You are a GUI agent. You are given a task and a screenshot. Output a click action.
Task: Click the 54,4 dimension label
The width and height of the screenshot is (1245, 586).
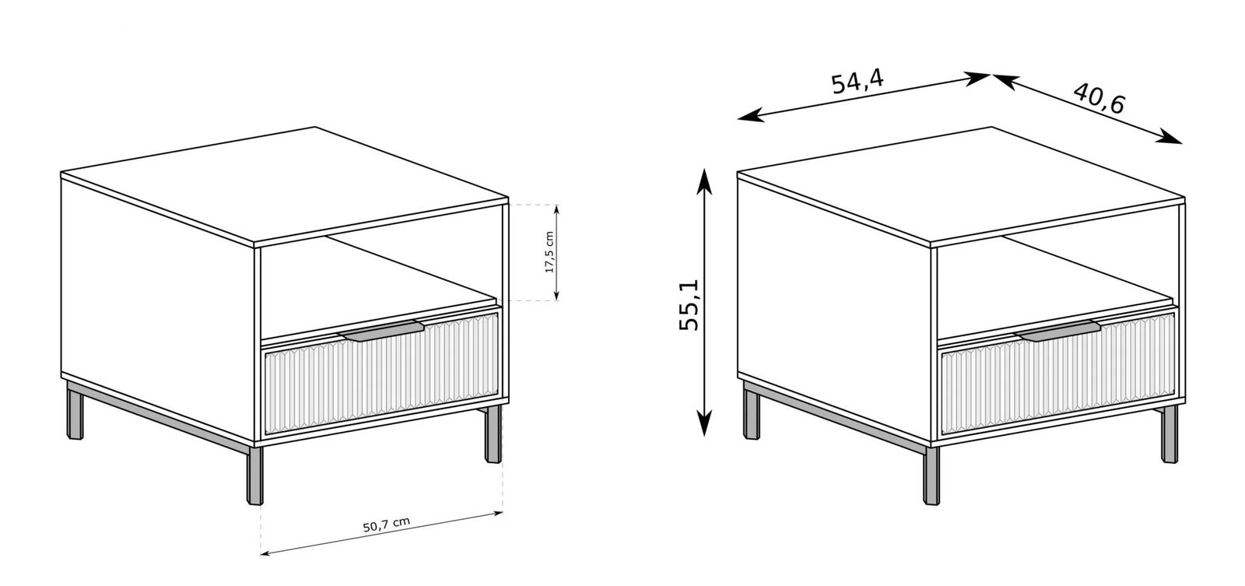tap(857, 82)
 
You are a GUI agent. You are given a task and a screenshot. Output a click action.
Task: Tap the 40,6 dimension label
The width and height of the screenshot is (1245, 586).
tap(1098, 98)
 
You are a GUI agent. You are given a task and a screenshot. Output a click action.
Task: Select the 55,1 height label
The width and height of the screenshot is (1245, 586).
tap(689, 304)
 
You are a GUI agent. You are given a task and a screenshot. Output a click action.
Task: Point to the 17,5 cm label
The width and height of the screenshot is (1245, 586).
tap(549, 252)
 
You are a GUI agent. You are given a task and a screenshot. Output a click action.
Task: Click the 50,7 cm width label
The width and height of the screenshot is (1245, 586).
tap(386, 525)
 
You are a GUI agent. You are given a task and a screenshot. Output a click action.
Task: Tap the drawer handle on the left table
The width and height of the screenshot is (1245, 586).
tap(381, 330)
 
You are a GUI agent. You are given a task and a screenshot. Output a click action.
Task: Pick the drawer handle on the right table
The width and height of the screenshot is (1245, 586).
tap(1057, 330)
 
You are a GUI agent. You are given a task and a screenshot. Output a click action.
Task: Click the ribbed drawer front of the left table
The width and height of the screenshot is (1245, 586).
tap(382, 373)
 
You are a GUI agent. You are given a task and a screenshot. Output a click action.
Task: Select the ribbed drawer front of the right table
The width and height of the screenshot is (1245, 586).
tap(1058, 373)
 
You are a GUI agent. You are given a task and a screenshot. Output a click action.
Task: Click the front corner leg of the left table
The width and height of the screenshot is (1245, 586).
tap(254, 475)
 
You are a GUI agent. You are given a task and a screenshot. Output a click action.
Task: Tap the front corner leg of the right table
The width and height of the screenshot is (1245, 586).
tap(931, 475)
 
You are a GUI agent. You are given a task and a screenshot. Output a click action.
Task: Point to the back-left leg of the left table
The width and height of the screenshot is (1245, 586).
tap(75, 410)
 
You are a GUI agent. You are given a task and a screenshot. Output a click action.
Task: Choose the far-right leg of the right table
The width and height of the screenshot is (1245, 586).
tap(1170, 434)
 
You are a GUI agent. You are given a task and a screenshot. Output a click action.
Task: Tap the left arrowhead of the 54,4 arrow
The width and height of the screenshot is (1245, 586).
tap(749, 116)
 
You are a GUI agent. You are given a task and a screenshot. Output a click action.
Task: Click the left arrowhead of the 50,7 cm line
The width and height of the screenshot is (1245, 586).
tap(265, 553)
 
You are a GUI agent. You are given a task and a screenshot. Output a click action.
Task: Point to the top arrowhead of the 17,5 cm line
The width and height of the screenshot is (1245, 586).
tap(556, 209)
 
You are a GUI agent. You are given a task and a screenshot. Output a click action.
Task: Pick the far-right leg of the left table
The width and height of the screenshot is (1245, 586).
tap(493, 434)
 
